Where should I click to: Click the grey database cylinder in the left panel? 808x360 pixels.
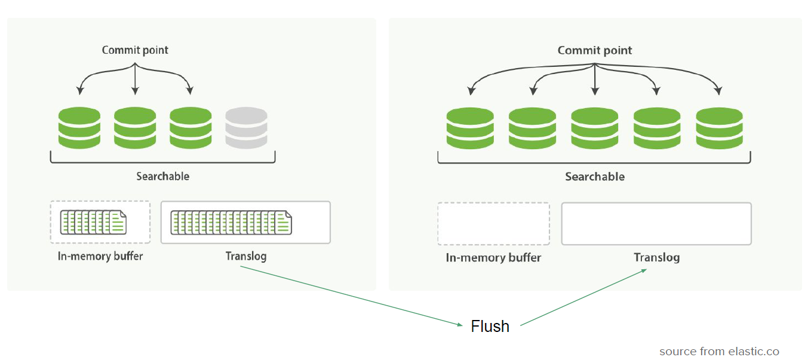click(246, 128)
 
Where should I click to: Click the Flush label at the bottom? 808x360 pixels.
click(490, 327)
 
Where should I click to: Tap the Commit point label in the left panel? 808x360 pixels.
click(135, 50)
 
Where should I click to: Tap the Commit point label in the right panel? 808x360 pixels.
click(595, 51)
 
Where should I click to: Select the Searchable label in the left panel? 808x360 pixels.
click(162, 177)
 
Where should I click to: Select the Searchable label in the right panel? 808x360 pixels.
click(595, 177)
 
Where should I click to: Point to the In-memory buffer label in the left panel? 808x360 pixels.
click(100, 257)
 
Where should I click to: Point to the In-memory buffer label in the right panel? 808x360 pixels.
click(493, 258)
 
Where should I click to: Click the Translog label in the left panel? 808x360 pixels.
click(246, 257)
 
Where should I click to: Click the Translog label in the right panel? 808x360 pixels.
click(656, 258)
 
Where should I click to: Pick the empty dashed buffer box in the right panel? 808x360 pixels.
click(493, 224)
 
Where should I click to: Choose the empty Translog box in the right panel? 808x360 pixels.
click(656, 224)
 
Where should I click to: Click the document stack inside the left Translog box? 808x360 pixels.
click(232, 222)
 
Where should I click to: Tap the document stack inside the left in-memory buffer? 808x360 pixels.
click(94, 222)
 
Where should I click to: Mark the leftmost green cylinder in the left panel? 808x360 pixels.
click(79, 128)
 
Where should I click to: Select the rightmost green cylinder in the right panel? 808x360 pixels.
click(719, 128)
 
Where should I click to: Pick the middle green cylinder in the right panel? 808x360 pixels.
click(595, 128)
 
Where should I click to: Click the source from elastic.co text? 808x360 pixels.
click(719, 352)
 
